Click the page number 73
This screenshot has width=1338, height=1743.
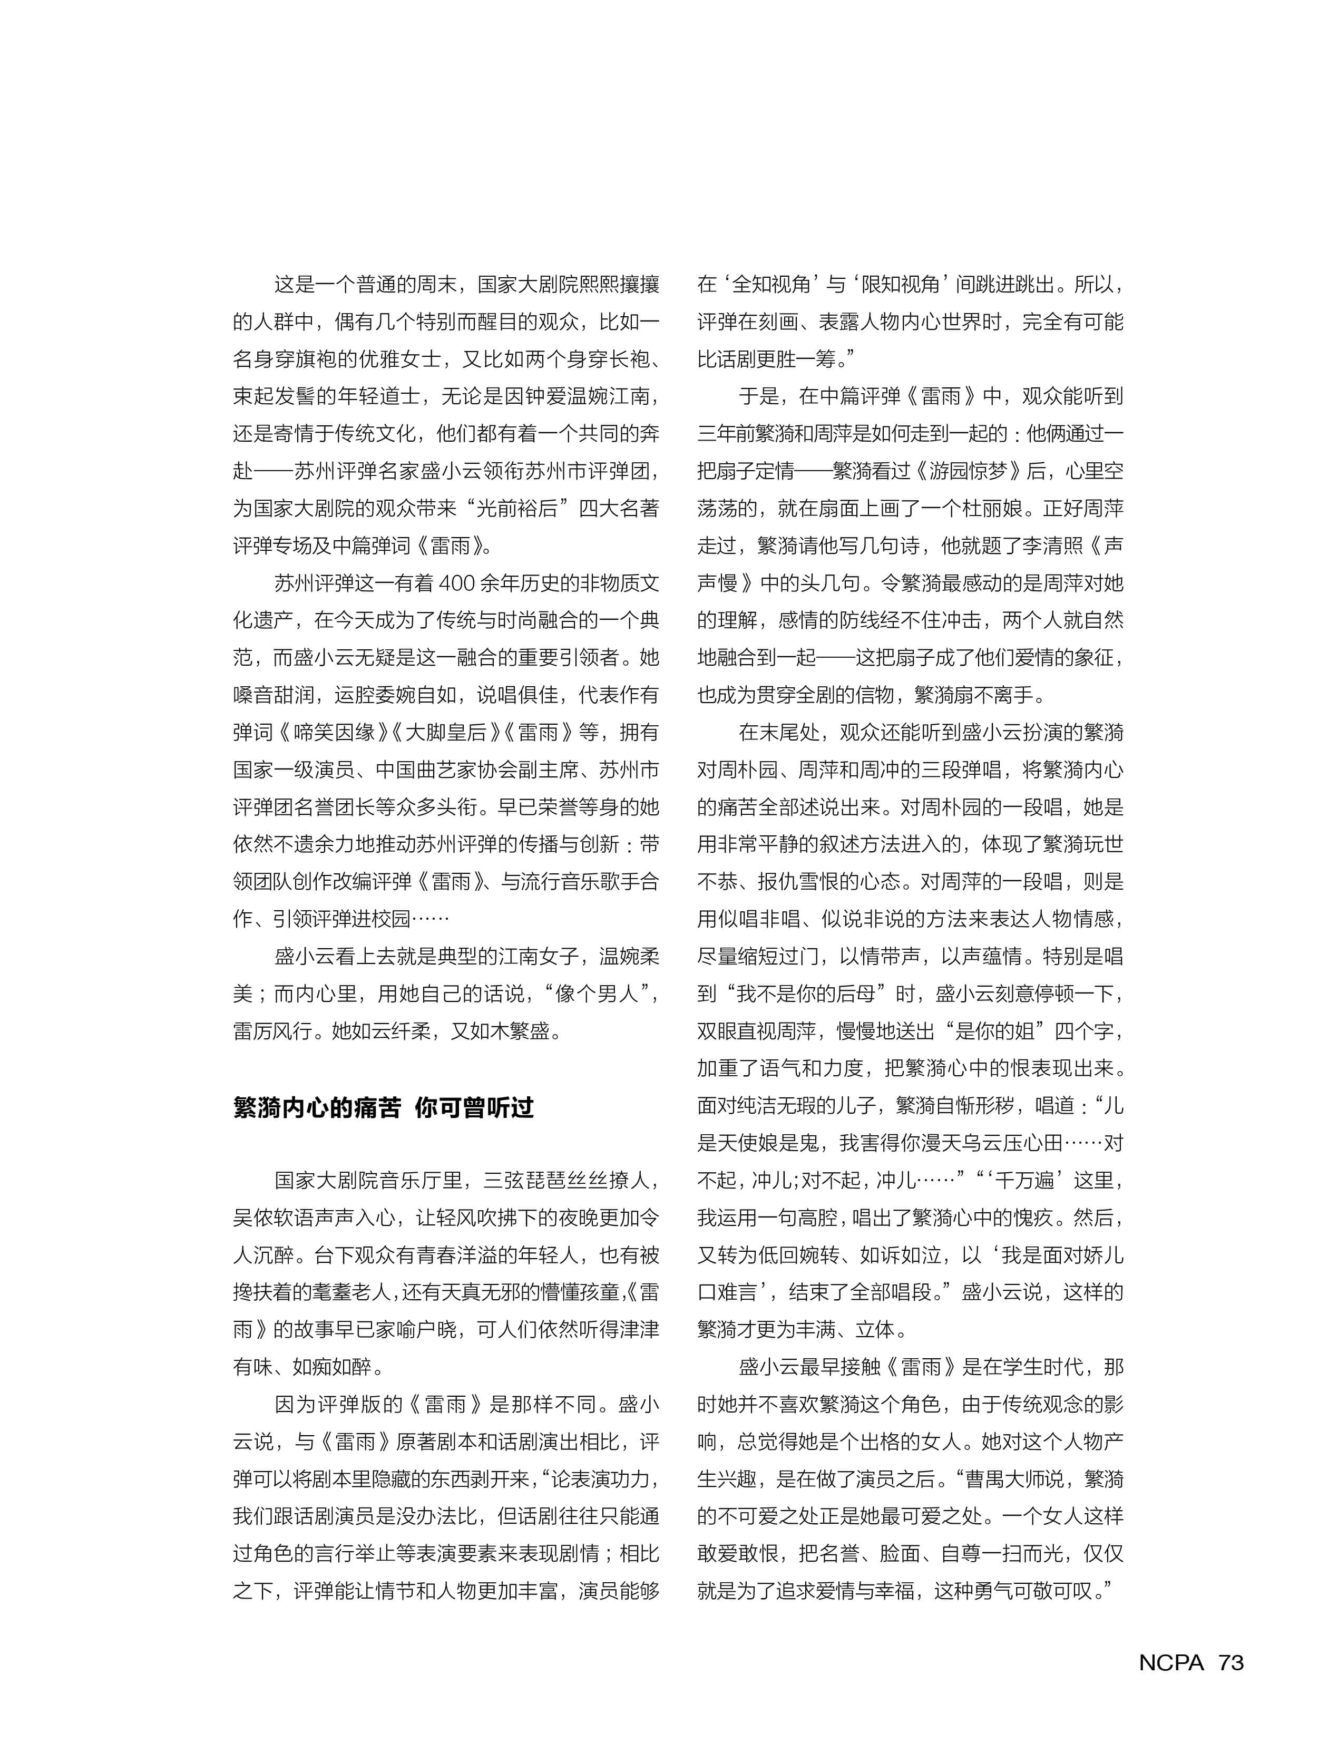(x=1230, y=1662)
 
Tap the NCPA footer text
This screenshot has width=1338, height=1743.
(x=1171, y=1662)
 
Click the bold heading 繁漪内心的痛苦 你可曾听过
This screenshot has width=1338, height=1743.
(x=383, y=1107)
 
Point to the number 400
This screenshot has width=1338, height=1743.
(x=456, y=583)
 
